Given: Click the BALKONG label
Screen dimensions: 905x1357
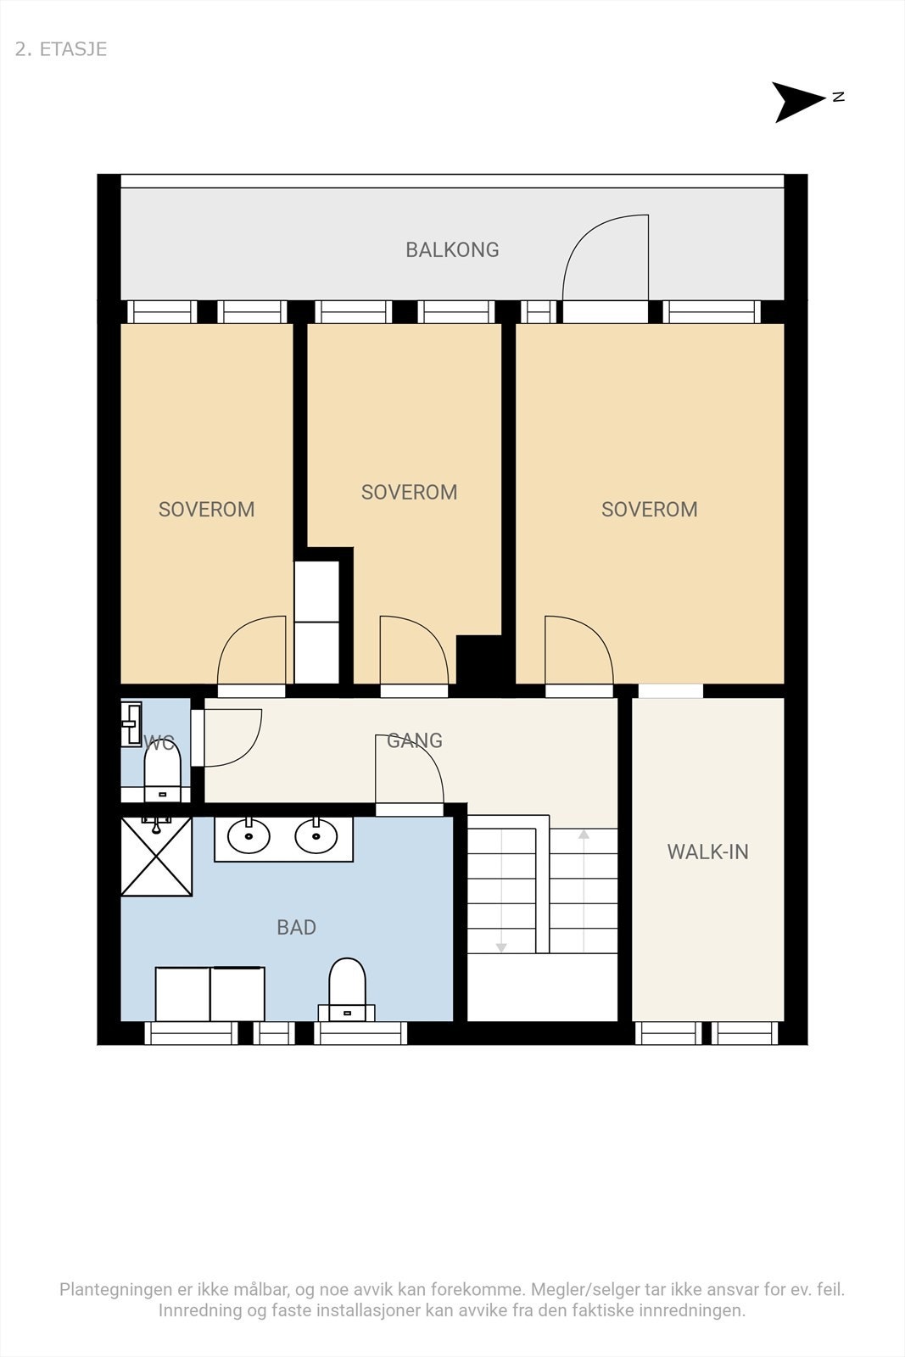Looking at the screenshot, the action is coord(453,249).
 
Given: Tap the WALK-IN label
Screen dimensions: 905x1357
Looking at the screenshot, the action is coord(707,852).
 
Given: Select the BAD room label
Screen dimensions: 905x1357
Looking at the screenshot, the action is coord(296,927).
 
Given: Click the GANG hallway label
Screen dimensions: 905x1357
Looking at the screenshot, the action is coord(415,740).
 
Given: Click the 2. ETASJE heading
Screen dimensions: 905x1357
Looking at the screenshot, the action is coord(60,49).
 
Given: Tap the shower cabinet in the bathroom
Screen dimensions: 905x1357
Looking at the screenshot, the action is coord(156,856).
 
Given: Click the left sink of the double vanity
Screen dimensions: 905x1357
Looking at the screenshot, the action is coord(249,837).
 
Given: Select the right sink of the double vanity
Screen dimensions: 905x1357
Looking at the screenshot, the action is coord(316,837).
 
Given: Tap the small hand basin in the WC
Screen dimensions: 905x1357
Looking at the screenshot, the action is coord(131,724).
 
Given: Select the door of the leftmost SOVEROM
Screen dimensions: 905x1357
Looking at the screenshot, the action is coord(251,651).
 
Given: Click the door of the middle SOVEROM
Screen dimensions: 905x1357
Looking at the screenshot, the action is coord(415,651).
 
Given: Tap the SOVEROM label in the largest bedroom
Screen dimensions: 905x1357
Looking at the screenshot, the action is coord(650,509).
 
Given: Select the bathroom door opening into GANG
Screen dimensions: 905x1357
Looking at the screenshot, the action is coord(411,769).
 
